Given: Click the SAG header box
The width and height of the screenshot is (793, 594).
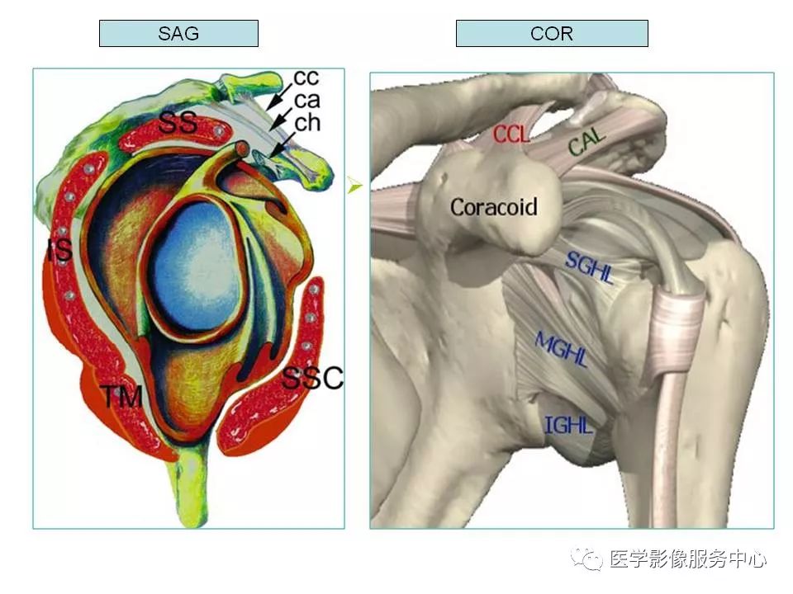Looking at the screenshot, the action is pos(178,33).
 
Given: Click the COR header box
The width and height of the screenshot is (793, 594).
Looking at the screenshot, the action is pos(552,33).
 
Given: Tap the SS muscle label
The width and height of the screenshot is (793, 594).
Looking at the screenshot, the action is pos(178,123).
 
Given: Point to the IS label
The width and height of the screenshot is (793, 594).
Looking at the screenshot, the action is pos(60,250).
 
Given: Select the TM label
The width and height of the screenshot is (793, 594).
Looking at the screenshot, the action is pos(123,397).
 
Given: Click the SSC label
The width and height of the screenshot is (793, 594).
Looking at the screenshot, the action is pos(312,378).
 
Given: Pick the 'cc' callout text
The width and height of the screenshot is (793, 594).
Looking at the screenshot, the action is pos(306,78).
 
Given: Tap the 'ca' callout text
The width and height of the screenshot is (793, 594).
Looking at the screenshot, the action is pos(307,101).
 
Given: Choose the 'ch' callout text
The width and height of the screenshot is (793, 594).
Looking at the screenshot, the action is pos(307,122).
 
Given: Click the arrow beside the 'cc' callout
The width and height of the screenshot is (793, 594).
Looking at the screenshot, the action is pos(279,97).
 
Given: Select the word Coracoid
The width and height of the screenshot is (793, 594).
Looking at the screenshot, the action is pos(494,207).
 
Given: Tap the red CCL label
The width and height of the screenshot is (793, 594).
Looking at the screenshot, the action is pos(511,134).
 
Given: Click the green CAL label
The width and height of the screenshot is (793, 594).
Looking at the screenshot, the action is pos(586,141).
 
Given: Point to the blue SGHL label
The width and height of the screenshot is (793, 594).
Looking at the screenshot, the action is pos(589,267).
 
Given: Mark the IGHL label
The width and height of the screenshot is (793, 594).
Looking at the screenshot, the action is pos(568,426).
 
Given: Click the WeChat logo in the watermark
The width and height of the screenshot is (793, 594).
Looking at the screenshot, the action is pos(586,559).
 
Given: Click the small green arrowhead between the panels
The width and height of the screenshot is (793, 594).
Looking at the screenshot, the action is pos(355,186).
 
